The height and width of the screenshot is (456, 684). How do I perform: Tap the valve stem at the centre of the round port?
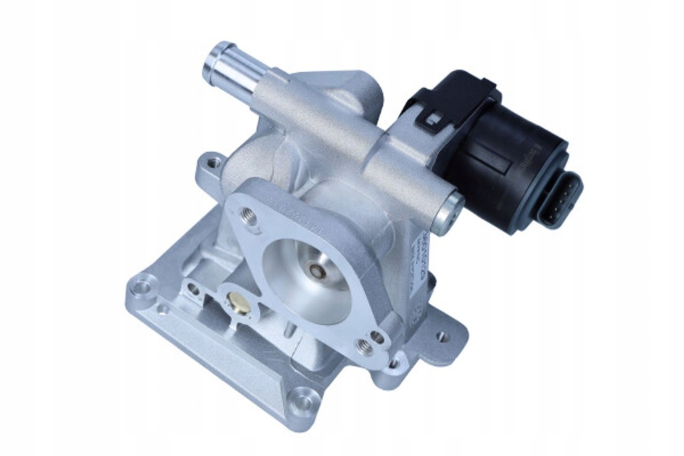(317, 272)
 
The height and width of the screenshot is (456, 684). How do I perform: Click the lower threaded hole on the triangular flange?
(365, 346)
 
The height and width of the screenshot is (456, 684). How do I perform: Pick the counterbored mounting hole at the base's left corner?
(142, 288)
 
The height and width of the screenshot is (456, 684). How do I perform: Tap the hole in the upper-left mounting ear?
(212, 162)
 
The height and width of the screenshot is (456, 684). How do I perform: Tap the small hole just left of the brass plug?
(194, 289)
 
